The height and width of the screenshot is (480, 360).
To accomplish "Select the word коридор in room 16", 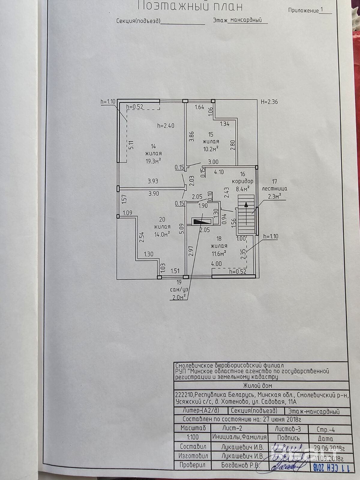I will pyautogui.click(x=243, y=181).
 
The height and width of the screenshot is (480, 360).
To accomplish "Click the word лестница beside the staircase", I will pyautogui.click(x=274, y=189).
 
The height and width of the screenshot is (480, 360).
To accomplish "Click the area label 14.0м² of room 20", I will pyautogui.click(x=162, y=234).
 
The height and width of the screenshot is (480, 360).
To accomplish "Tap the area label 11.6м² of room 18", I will pyautogui.click(x=219, y=253).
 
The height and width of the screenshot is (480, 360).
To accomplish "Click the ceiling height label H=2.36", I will pyautogui.click(x=269, y=102).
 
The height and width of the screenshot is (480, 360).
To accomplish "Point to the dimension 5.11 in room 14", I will pyautogui.click(x=131, y=145).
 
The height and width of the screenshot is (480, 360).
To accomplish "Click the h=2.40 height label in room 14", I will pyautogui.click(x=166, y=126).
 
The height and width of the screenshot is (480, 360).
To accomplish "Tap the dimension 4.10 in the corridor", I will pyautogui.click(x=219, y=172).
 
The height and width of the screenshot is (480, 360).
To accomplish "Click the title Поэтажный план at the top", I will pyautogui.click(x=190, y=6).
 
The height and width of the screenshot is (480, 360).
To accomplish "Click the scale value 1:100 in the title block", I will pyautogui.click(x=193, y=437).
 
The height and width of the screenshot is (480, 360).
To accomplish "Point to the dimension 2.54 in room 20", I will pyautogui.click(x=142, y=237).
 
